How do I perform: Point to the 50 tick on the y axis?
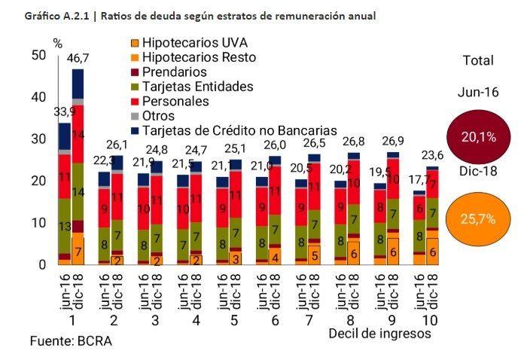[35, 55]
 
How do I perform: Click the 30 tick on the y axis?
[35, 139]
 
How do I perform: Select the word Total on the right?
[478, 61]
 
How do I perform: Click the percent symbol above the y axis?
[56, 43]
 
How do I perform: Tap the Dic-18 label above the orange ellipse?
[479, 171]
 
